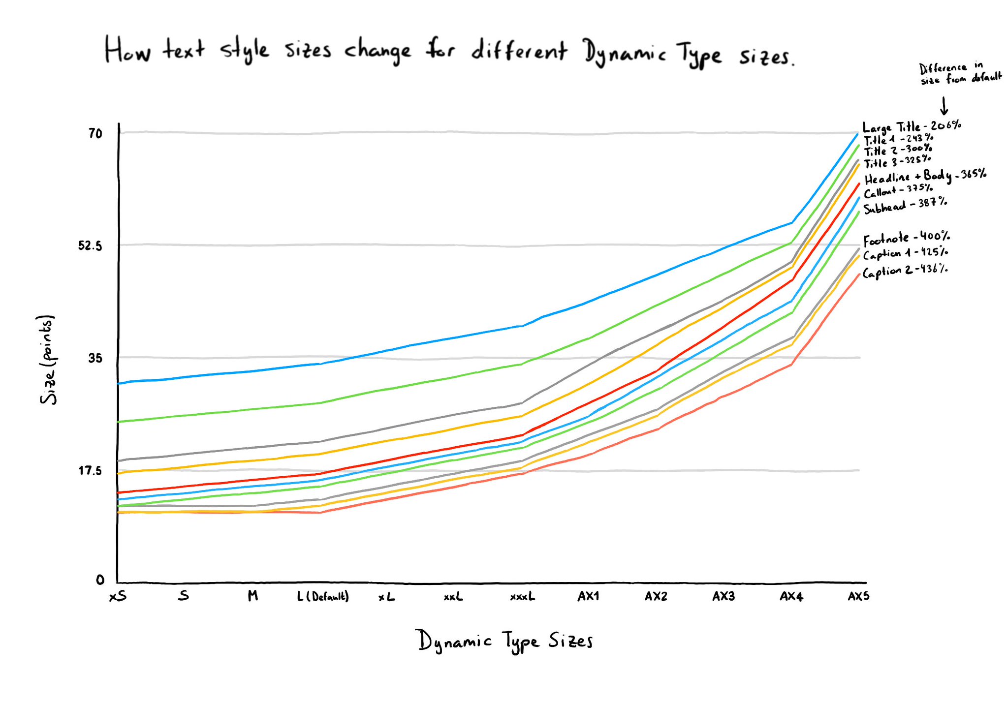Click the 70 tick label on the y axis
(x=95, y=133)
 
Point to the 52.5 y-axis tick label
(x=90, y=245)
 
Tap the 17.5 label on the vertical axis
(x=90, y=471)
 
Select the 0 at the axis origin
(x=100, y=580)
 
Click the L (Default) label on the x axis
(x=323, y=597)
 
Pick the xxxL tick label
(x=522, y=597)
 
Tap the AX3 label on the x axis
(x=724, y=597)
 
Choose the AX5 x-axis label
(x=858, y=597)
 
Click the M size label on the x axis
(x=252, y=596)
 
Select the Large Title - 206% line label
(x=912, y=126)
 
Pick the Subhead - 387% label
(x=905, y=205)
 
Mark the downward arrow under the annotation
(x=944, y=106)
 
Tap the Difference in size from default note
(x=960, y=73)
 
